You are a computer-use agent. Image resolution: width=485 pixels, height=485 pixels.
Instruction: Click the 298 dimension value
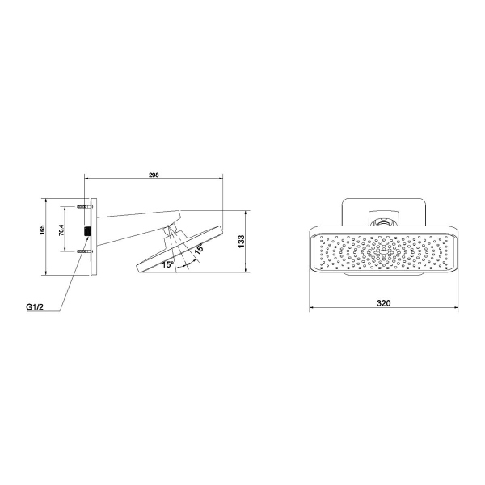click(x=153, y=174)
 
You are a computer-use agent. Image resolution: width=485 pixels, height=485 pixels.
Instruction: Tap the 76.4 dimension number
click(x=64, y=231)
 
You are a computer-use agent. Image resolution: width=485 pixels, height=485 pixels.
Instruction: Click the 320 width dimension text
click(x=384, y=303)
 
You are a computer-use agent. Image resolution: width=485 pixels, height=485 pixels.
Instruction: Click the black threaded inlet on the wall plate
click(x=86, y=231)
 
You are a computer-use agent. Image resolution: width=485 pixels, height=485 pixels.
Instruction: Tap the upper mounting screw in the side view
click(x=84, y=209)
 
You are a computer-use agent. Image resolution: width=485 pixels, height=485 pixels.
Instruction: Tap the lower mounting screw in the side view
click(x=84, y=254)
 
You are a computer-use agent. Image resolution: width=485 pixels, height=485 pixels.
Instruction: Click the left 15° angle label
click(x=167, y=264)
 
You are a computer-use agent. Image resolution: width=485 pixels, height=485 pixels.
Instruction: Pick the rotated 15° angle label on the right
click(x=198, y=250)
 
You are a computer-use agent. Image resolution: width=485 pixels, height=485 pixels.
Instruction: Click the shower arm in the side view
click(x=133, y=220)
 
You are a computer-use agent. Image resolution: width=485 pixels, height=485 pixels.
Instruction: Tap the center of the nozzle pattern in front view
click(x=384, y=252)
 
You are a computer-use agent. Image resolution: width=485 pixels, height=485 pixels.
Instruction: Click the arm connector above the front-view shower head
click(x=384, y=217)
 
